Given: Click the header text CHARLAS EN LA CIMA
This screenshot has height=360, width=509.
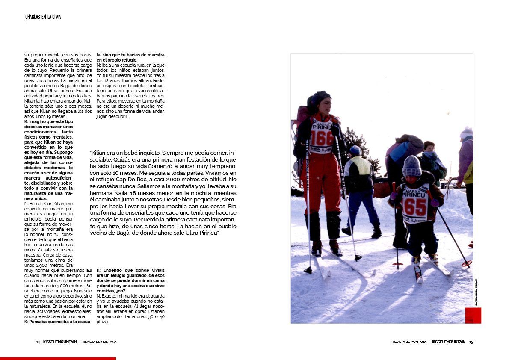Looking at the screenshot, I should [x=43, y=17].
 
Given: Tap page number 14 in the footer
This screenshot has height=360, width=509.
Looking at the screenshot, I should [x=38, y=342].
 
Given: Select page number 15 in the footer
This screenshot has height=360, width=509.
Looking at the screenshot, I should [x=471, y=342].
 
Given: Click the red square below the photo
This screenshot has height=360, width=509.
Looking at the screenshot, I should [x=473, y=316].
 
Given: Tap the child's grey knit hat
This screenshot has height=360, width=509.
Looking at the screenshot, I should [x=411, y=165].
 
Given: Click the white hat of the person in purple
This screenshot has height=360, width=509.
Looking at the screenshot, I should [x=467, y=132].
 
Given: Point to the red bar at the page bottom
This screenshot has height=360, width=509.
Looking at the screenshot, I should [x=58, y=358].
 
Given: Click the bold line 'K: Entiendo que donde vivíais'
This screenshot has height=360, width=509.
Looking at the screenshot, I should [x=130, y=271].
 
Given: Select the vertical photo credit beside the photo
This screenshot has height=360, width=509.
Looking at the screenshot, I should [x=476, y=292].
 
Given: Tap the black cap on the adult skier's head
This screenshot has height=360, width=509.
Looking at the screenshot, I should [x=319, y=98].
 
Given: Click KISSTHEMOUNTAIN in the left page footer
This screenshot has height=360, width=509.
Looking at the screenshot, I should [x=60, y=342].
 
